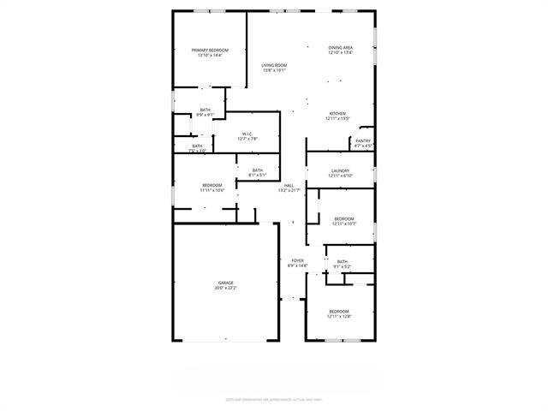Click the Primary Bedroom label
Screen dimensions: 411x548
(209, 51)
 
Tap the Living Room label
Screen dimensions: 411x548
(274, 65)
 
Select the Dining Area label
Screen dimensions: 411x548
(340, 47)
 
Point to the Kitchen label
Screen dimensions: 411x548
(338, 114)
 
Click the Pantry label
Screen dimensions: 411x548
(363, 140)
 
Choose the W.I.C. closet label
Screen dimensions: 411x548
(247, 134)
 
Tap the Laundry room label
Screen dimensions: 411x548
(341, 171)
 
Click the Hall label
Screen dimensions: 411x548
(289, 185)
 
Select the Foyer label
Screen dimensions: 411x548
(297, 260)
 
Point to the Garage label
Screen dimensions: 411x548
(226, 283)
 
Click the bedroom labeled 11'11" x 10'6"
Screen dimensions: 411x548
(212, 186)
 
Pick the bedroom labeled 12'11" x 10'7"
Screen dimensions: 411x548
(343, 218)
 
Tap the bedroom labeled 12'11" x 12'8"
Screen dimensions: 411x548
(338, 311)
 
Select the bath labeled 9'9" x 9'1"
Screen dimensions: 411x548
(205, 110)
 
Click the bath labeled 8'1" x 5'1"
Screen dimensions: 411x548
(257, 170)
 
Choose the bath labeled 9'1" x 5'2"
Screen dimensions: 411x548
(342, 262)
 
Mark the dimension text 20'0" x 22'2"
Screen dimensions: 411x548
(226, 289)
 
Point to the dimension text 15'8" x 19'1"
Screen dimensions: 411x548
(274, 71)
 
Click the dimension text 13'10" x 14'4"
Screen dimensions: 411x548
(209, 57)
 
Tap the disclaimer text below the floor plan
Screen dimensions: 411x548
(274, 398)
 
